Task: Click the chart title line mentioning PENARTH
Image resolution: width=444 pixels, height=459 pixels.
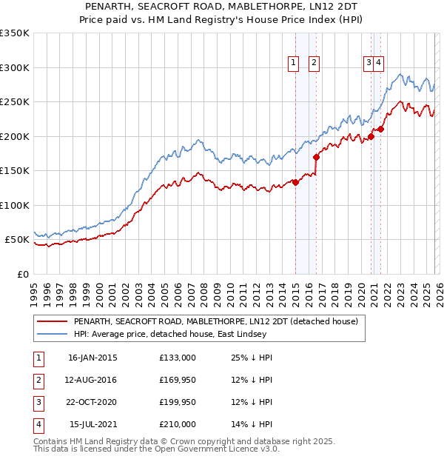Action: click(x=221, y=7)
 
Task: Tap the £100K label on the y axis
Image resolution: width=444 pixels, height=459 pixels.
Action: click(x=15, y=205)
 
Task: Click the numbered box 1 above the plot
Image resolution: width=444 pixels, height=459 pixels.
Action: click(x=294, y=64)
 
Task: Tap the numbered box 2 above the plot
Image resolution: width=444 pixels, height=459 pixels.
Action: click(x=314, y=64)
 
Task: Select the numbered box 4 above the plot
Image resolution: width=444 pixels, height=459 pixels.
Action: click(x=378, y=64)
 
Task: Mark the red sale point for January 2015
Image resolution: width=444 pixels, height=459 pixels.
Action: click(x=295, y=182)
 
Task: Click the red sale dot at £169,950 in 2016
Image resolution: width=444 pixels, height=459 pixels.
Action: click(x=316, y=157)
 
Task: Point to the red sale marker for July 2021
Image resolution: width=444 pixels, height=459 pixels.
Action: click(x=380, y=130)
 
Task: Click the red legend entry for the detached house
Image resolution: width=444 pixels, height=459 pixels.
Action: click(x=215, y=321)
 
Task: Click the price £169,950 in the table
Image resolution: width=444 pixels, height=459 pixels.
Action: click(x=178, y=380)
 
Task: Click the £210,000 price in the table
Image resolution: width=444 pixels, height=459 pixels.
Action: click(x=178, y=424)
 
